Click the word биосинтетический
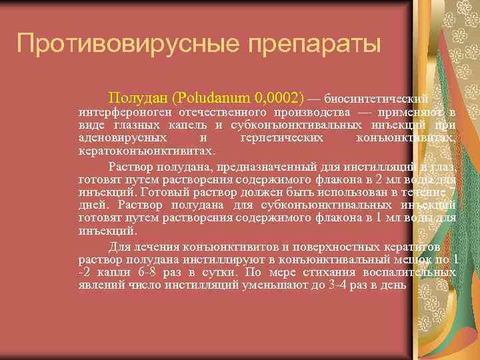pos(380,97)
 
